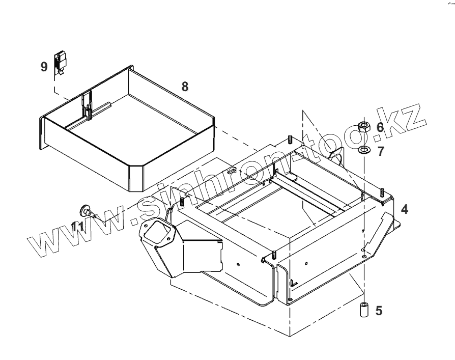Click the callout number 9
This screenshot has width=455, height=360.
point(44,66)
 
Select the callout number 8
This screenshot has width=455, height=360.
point(185,87)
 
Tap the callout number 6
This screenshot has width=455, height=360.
point(380,127)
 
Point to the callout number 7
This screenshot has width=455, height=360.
point(380,151)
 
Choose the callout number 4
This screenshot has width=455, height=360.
point(404,209)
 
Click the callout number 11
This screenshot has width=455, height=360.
point(77,226)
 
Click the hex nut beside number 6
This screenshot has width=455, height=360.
point(364,126)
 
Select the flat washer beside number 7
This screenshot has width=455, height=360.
point(364,150)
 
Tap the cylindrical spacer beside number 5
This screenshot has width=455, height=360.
point(364,310)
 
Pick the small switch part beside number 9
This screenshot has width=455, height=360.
point(61,61)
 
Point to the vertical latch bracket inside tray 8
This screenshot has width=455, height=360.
point(88,104)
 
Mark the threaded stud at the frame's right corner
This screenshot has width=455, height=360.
point(381,192)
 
